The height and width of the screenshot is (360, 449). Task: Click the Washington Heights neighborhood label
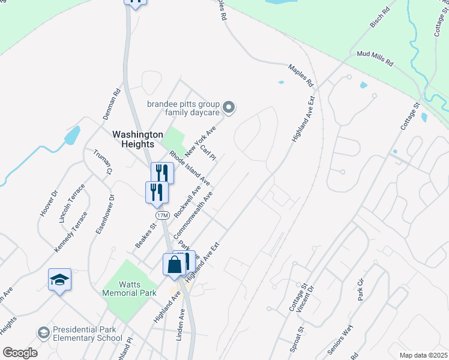pos(138,139)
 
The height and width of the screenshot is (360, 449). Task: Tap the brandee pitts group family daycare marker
pos(228,108)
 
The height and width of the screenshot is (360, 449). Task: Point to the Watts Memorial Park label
pos(129,288)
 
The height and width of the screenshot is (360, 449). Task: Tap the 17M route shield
pos(161,215)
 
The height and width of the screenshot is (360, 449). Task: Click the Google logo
pos(20,353)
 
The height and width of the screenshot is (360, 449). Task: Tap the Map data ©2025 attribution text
pos(423,355)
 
